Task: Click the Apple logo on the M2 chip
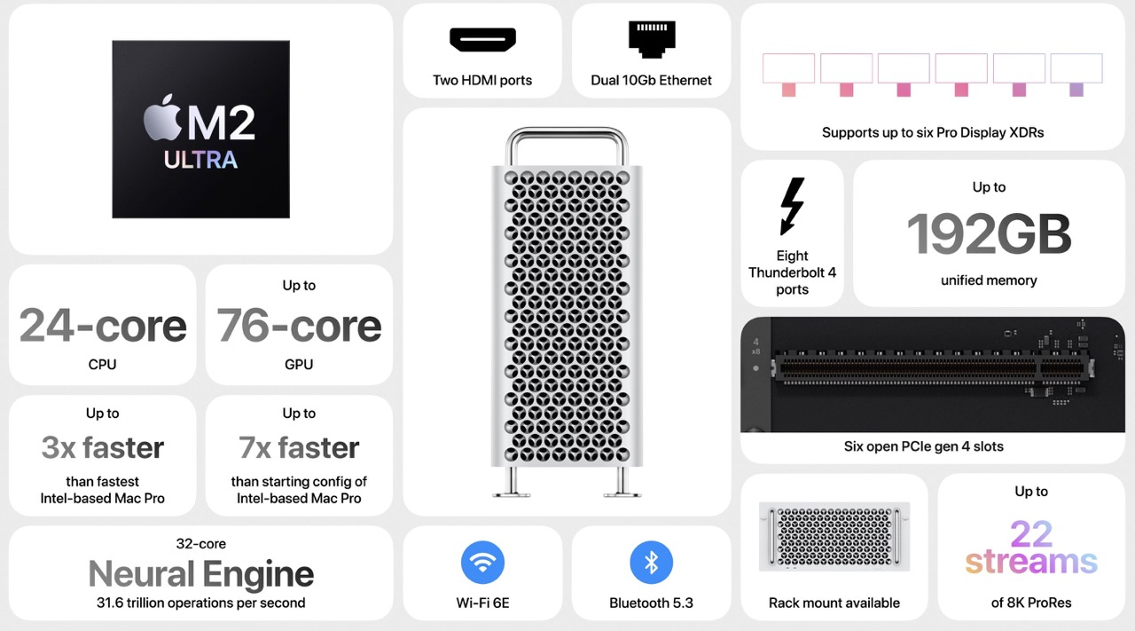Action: (162, 118)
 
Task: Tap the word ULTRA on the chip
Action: (200, 161)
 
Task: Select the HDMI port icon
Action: (482, 40)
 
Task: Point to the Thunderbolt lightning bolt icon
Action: (792, 206)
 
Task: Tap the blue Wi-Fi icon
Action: (482, 563)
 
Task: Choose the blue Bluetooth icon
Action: (651, 563)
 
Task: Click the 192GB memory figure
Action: (989, 233)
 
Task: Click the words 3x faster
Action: (103, 447)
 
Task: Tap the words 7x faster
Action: (299, 447)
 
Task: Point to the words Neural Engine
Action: (201, 574)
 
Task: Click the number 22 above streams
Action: (1031, 533)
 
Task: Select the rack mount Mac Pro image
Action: (834, 537)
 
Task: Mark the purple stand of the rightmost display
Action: (1076, 90)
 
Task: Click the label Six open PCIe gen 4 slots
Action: (924, 446)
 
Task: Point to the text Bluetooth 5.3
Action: (651, 603)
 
